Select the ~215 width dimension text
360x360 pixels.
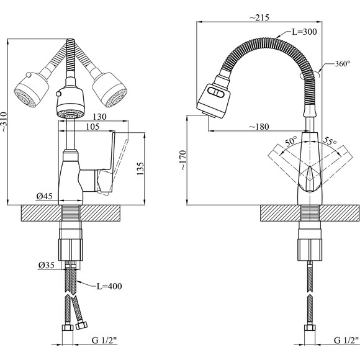tap(259, 17)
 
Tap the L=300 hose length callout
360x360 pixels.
tap(304, 32)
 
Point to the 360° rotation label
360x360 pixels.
tap(343, 64)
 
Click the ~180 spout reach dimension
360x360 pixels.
tap(259, 127)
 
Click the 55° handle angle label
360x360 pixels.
tap(330, 142)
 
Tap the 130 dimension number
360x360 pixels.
tap(99, 117)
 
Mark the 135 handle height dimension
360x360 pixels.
tap(140, 169)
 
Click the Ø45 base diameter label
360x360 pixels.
tap(45, 196)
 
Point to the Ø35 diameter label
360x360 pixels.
tap(47, 265)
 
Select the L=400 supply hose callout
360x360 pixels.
tap(109, 286)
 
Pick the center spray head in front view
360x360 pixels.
tap(71, 102)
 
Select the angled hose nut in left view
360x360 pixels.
tap(81, 325)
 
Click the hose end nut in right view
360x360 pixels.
tap(310, 328)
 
